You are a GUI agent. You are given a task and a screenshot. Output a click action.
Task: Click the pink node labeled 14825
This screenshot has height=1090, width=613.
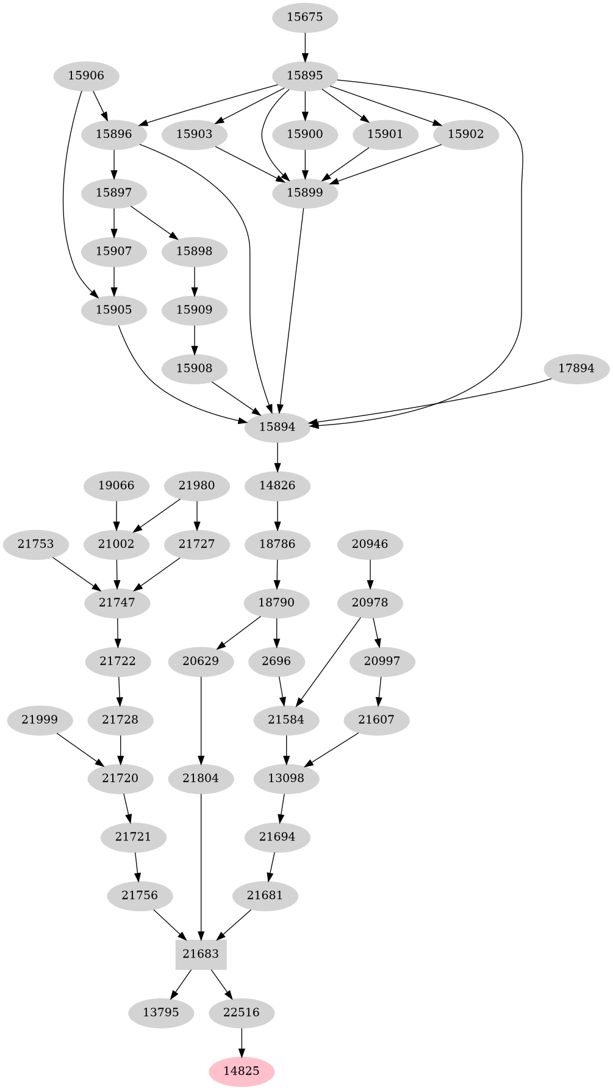tap(242, 1070)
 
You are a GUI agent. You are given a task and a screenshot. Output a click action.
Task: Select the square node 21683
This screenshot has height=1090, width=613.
tap(201, 953)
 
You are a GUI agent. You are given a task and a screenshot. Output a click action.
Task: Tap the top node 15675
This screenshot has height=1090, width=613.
tap(305, 17)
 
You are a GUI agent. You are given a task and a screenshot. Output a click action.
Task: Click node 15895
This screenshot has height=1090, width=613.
tap(305, 76)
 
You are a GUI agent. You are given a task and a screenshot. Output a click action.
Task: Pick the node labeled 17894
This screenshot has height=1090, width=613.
tap(576, 368)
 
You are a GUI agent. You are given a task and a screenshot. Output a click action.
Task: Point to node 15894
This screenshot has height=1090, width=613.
tap(278, 427)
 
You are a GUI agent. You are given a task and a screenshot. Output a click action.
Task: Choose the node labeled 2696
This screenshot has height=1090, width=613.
tap(277, 661)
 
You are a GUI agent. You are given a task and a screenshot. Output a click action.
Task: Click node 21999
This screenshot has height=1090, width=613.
tap(40, 719)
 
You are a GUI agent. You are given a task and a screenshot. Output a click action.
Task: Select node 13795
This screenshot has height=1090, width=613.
tap(161, 1012)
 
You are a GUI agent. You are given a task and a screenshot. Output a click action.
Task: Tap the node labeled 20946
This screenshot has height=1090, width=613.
tap(370, 543)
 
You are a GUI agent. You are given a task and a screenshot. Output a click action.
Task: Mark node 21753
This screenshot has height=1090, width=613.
tap(36, 543)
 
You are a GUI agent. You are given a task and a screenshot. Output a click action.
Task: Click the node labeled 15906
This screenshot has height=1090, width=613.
tap(86, 76)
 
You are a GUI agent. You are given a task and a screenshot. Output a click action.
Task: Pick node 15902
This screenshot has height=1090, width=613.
tap(466, 134)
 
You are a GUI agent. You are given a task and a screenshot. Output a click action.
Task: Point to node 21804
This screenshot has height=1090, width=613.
tap(201, 778)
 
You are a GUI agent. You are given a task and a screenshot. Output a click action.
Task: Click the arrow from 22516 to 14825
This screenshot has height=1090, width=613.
tap(242, 1042)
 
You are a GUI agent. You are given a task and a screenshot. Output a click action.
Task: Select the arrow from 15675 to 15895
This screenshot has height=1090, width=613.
tap(305, 46)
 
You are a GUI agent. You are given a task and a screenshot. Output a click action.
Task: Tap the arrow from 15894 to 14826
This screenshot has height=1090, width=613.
tap(278, 456)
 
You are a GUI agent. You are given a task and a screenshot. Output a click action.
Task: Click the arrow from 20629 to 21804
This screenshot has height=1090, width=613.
tap(201, 720)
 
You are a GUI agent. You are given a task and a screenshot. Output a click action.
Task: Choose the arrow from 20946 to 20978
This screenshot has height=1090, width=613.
tap(370, 573)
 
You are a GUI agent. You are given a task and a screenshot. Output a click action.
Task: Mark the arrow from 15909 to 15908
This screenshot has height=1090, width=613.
tap(195, 339)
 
